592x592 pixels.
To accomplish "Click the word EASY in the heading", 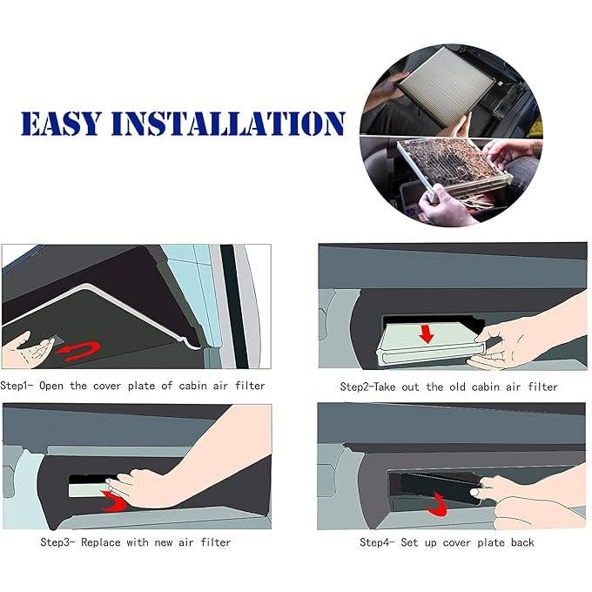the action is pyautogui.click(x=61, y=124).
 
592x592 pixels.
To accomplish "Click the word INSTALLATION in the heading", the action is pyautogui.click(x=228, y=124).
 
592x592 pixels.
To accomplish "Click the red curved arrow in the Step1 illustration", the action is pyautogui.click(x=78, y=351).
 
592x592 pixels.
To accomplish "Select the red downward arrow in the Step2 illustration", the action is pyautogui.click(x=427, y=333).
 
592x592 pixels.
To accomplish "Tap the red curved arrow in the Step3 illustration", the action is pyautogui.click(x=114, y=501).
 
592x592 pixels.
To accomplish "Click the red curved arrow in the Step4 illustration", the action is pyautogui.click(x=438, y=505).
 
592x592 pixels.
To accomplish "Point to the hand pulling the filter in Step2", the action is pyautogui.click(x=528, y=333).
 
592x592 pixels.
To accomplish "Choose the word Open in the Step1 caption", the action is pyautogui.click(x=51, y=386).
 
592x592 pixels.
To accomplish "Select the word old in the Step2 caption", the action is pyautogui.click(x=457, y=387).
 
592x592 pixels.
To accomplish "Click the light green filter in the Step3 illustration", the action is pyautogui.click(x=89, y=490).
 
